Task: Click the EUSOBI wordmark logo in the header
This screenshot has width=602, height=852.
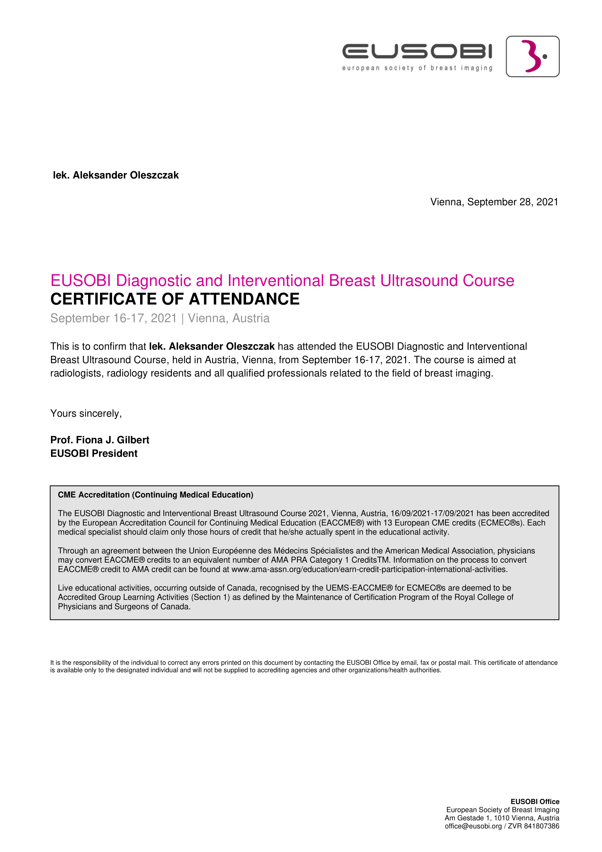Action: [417, 51]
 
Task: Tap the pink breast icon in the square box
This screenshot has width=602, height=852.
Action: [532, 56]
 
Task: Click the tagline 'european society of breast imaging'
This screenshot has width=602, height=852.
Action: [417, 68]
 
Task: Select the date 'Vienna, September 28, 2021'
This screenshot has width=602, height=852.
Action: [494, 202]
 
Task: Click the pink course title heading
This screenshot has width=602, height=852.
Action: [282, 280]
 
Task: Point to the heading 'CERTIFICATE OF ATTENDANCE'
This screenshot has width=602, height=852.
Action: [175, 299]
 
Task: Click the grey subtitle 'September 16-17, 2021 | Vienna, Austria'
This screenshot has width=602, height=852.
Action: [160, 318]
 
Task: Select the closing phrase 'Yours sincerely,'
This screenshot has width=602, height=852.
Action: [86, 413]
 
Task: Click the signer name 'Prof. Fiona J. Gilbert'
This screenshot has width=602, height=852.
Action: [100, 440]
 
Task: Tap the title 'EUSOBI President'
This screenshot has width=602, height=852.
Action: [94, 453]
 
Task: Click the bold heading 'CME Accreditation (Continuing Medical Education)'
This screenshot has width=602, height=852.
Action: [155, 495]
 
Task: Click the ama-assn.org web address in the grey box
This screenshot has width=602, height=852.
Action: [369, 569]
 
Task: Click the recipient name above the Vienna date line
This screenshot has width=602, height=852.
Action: [116, 175]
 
